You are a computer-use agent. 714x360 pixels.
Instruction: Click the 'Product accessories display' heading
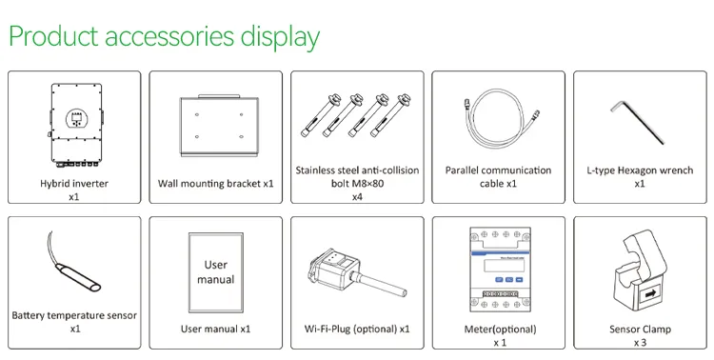point(164,37)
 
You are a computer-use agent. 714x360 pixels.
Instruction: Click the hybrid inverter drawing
point(75,126)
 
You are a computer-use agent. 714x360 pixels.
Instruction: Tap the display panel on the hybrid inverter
point(76,118)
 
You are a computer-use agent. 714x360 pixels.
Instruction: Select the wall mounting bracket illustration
point(219,126)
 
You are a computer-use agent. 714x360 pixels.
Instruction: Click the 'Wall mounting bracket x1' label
point(215,184)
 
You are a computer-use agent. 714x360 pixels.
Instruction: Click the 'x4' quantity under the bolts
point(357,197)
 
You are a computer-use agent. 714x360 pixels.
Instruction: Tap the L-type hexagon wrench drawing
point(638,122)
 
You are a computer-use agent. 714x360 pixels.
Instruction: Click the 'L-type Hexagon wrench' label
point(640,170)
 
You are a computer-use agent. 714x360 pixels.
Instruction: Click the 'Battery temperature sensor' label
point(74,315)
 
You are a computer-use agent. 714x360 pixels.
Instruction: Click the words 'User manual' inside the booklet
point(216,272)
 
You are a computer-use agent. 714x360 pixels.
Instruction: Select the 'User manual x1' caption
point(215,329)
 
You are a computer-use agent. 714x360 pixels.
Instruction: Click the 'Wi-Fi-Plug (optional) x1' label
point(357,329)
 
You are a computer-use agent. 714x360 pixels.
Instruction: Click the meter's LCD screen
point(504,265)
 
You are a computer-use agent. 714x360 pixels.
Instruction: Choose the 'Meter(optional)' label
point(500,329)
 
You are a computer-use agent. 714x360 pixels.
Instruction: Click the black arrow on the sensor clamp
point(650,294)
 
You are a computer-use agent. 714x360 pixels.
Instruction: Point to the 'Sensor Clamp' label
point(640,329)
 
